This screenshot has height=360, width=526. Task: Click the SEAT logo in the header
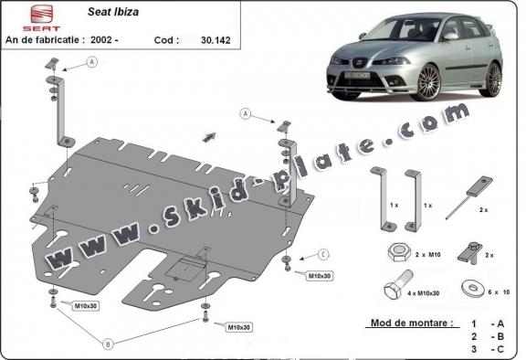21,16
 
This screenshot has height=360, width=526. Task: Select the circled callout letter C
323,253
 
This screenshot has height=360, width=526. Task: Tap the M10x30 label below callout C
320,275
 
